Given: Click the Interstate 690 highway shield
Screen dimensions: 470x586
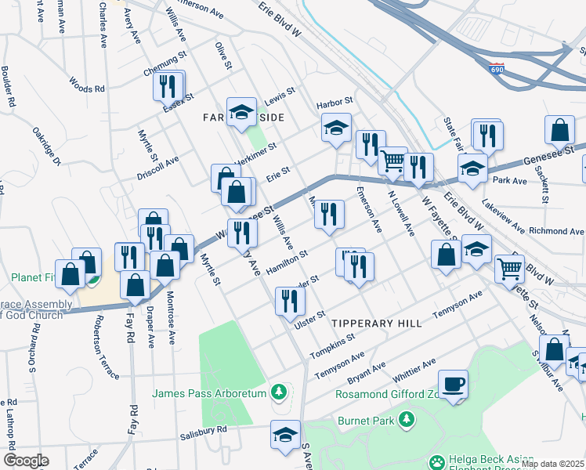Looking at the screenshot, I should (x=495, y=70).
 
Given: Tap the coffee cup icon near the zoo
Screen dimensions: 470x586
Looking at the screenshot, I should (x=454, y=384).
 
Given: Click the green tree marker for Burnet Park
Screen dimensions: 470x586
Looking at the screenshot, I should (x=406, y=421).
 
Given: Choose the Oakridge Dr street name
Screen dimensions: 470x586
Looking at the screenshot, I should (x=45, y=146).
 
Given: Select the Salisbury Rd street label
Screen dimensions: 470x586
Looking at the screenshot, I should (x=202, y=429).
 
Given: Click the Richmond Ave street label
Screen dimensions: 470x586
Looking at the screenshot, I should (x=556, y=232).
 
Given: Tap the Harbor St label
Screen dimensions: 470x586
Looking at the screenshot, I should (x=335, y=102).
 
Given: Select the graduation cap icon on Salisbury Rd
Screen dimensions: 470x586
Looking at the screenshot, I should (x=285, y=434).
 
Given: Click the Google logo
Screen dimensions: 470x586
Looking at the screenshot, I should (x=26, y=461).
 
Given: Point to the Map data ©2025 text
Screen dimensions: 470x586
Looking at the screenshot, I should (x=552, y=464).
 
